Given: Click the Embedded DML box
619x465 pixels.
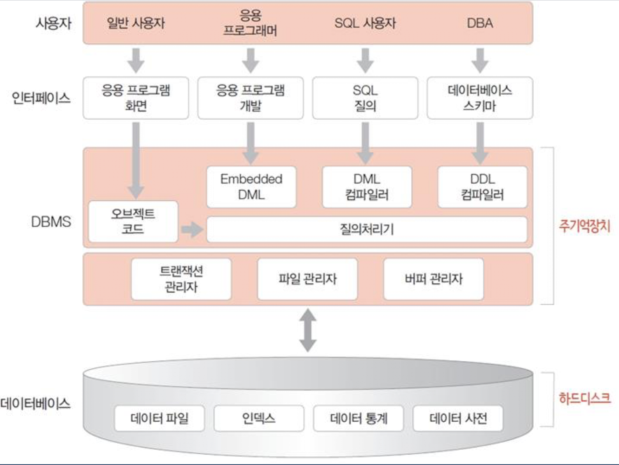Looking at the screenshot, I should [x=251, y=187].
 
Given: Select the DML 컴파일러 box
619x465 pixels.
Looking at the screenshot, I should [x=367, y=187].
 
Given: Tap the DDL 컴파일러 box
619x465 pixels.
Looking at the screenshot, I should [x=482, y=187].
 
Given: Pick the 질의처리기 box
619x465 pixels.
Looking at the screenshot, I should [x=367, y=229].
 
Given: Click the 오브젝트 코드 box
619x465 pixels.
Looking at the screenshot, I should [x=133, y=221].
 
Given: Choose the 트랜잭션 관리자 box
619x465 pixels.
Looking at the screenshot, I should [x=181, y=279].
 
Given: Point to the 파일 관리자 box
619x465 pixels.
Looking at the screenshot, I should [x=307, y=279].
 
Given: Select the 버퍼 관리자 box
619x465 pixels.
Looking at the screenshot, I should [x=434, y=279].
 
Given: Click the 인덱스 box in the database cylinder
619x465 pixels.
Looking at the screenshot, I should [x=259, y=418].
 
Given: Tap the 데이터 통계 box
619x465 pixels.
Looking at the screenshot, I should [x=359, y=418].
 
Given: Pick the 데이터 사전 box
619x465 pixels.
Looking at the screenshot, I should [x=458, y=418].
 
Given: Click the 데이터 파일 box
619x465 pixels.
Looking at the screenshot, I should [x=159, y=418].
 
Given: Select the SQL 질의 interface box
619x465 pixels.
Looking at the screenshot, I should [x=365, y=98].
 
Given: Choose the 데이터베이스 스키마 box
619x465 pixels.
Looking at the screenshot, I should [x=480, y=98].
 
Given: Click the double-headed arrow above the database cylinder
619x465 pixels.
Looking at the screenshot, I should [x=308, y=330].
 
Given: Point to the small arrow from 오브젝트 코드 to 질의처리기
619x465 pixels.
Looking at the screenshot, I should [x=192, y=229].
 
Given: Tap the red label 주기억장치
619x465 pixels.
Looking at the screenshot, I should [x=584, y=226].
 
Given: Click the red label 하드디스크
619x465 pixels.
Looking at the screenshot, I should [x=584, y=398].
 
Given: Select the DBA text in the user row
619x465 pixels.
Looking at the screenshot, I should [x=480, y=23].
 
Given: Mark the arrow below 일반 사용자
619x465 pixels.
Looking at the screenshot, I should [x=136, y=60].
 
